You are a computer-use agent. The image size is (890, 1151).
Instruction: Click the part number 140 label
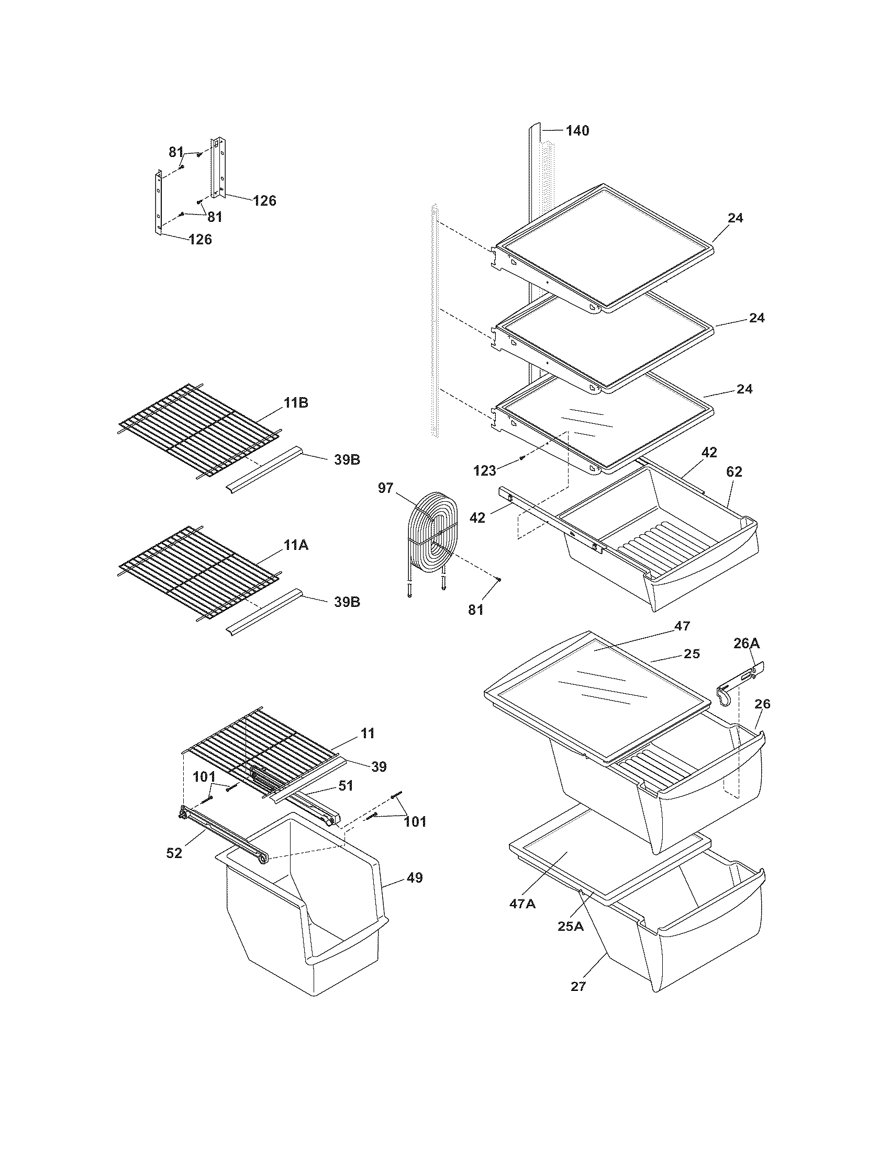577,131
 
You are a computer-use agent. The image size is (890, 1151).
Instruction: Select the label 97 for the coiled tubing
385,488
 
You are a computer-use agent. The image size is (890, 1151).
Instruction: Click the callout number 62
734,472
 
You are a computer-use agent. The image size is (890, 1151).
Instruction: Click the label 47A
523,904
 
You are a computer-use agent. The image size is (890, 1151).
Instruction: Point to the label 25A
571,926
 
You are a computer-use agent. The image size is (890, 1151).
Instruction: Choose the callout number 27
578,986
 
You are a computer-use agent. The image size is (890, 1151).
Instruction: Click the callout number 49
415,877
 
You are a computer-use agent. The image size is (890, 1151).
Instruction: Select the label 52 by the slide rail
174,853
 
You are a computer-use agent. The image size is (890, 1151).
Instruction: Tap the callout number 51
346,800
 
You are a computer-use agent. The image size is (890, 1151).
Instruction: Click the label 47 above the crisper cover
682,626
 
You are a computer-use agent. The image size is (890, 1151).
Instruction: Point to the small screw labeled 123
521,457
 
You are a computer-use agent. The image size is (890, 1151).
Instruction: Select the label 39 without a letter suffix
379,767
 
